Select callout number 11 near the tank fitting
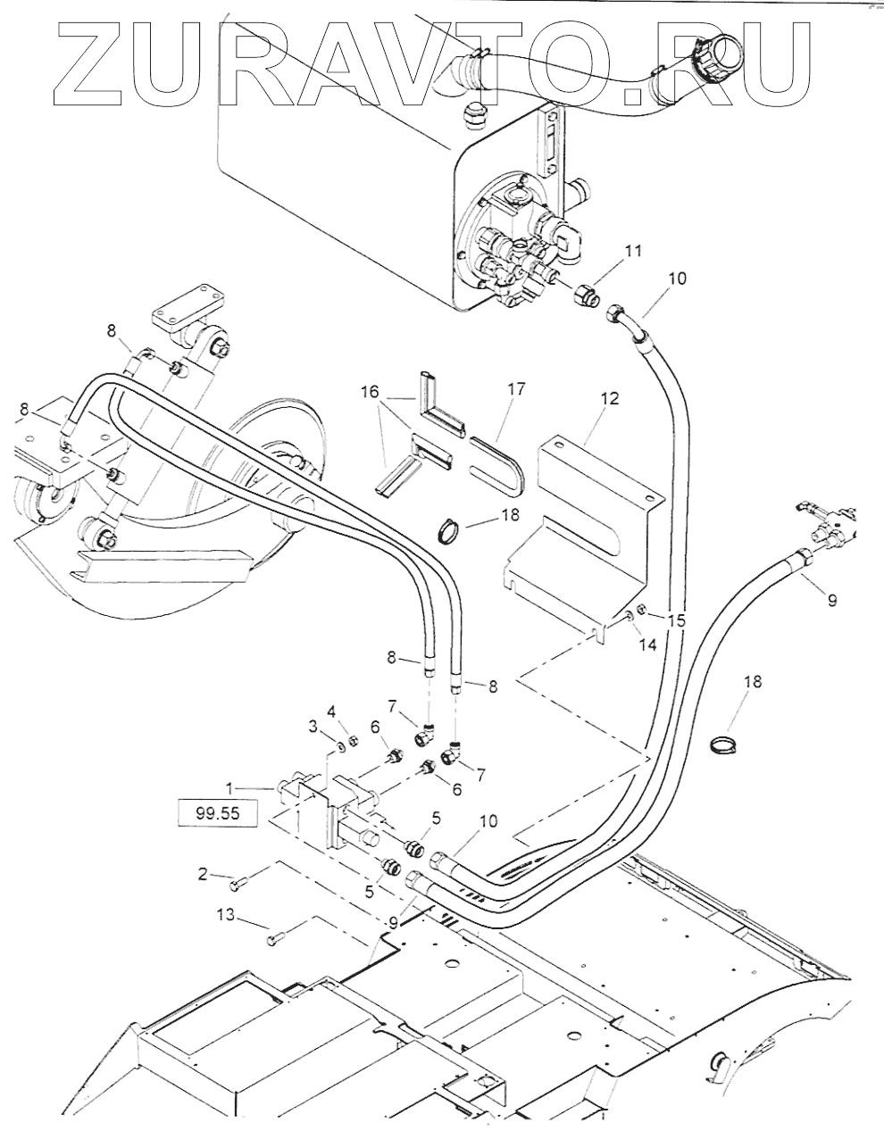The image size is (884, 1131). [x=633, y=252]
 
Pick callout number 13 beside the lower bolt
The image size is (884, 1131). [x=227, y=914]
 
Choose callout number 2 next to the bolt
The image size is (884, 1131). [x=203, y=874]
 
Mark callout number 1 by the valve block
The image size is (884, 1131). [x=229, y=788]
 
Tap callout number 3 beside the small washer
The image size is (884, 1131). [x=313, y=728]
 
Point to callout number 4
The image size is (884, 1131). [x=330, y=711]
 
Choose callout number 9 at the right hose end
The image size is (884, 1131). [x=831, y=601]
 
